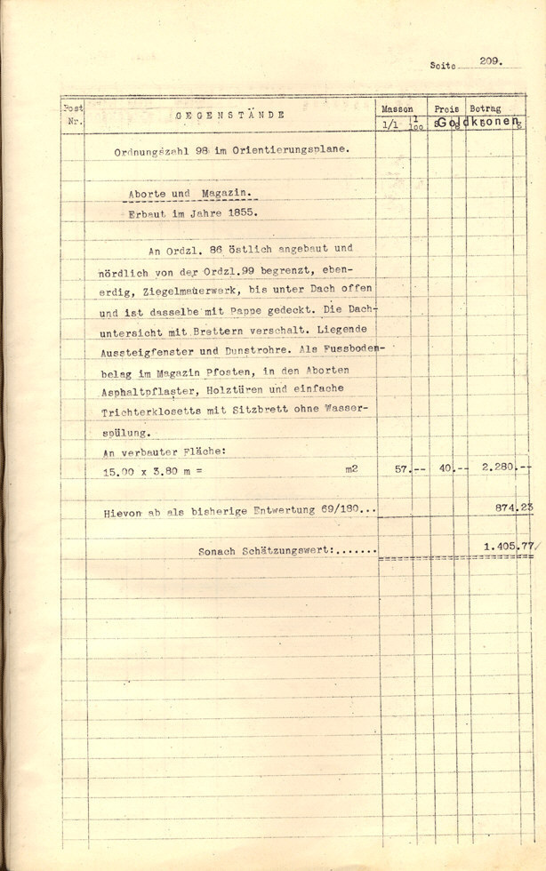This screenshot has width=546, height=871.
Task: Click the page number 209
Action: pyautogui.click(x=490, y=61)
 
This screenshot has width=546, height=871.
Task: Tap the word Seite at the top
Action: pyautogui.click(x=442, y=65)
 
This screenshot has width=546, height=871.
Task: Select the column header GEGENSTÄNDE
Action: pyautogui.click(x=229, y=115)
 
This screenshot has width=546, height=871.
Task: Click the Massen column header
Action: pyautogui.click(x=397, y=108)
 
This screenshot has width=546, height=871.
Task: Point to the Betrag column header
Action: pyautogui.click(x=485, y=108)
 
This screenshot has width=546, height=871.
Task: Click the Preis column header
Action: pyautogui.click(x=446, y=108)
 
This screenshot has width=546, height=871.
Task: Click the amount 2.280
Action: pyautogui.click(x=494, y=468)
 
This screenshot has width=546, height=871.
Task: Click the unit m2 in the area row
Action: pyautogui.click(x=353, y=467)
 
